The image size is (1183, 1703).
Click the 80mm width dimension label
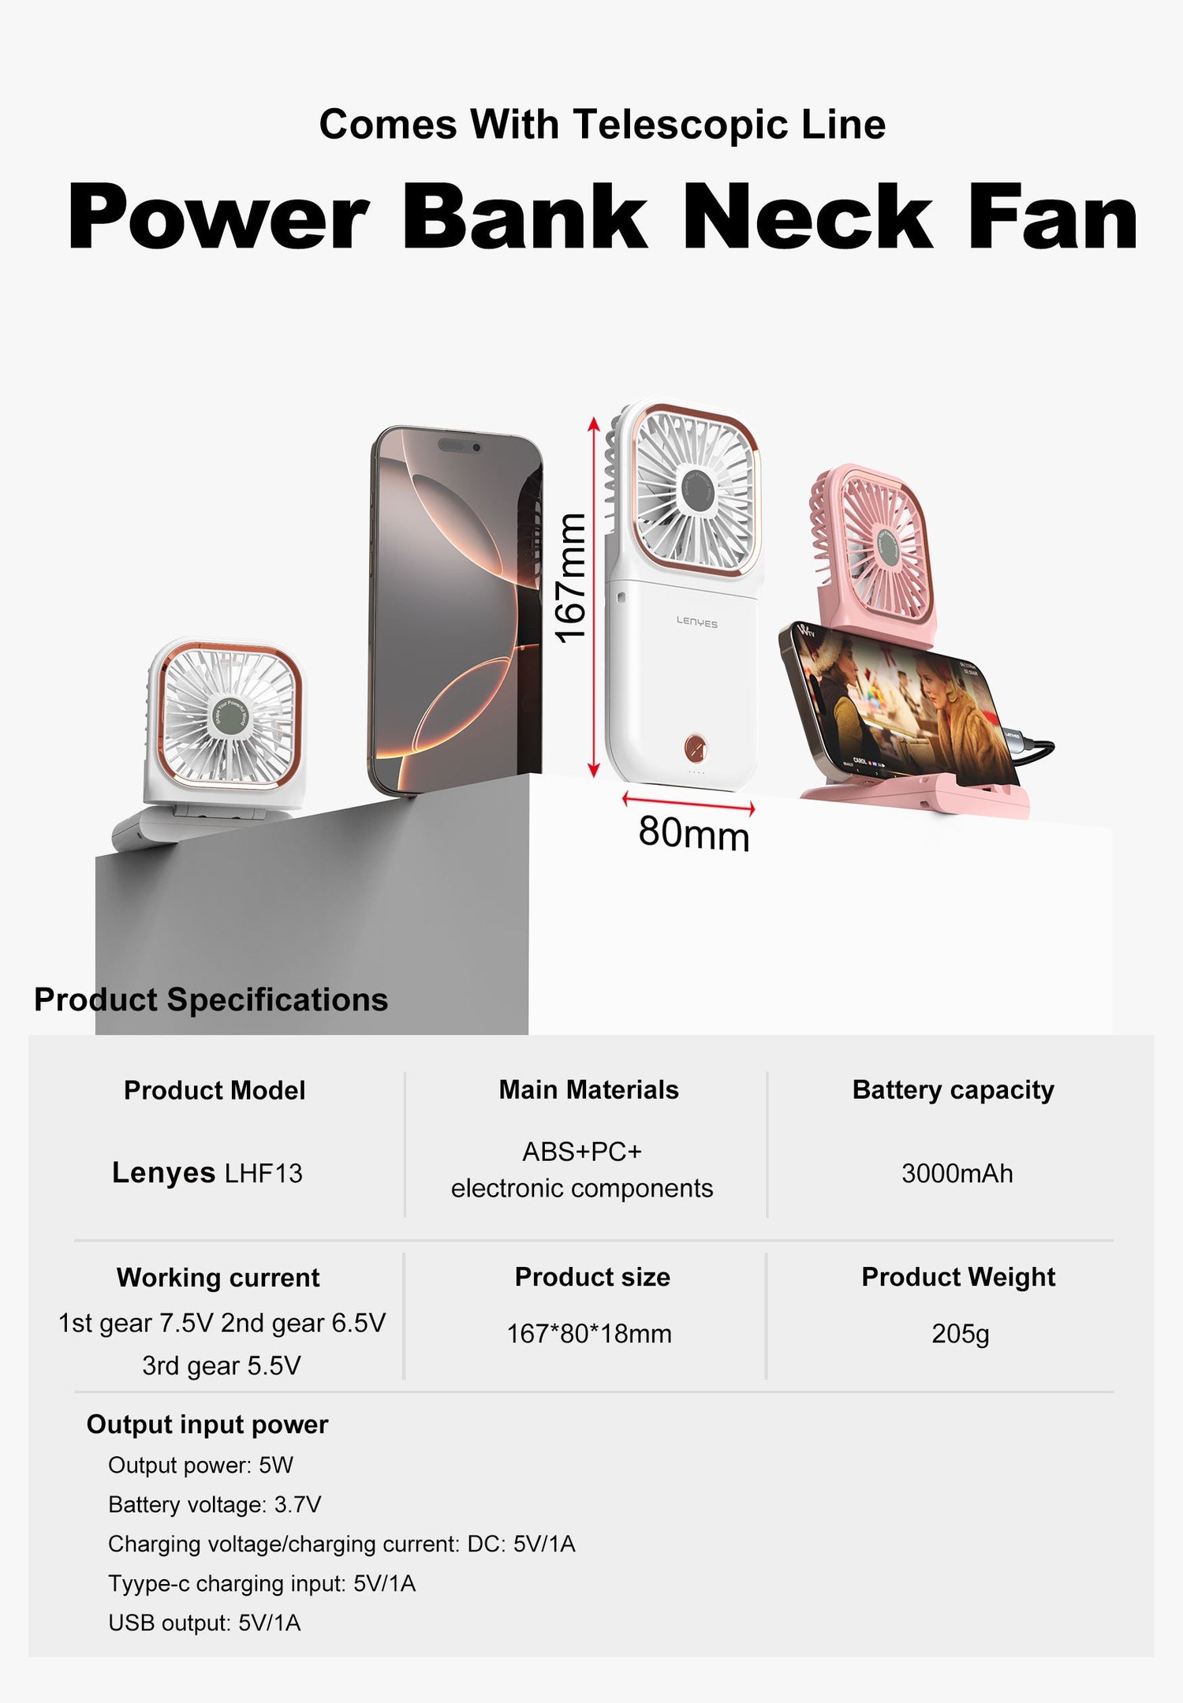tap(693, 833)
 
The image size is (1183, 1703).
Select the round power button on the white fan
tap(696, 745)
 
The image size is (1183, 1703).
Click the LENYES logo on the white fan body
tap(697, 622)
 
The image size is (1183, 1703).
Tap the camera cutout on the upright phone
tap(476, 448)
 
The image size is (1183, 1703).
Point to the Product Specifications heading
tap(211, 999)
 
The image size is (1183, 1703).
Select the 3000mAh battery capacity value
tap(957, 1174)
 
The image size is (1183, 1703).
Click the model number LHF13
tap(263, 1174)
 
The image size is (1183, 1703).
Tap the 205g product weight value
tap(960, 1334)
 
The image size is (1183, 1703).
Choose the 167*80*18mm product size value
tap(589, 1334)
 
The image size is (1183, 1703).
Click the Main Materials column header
tap(588, 1090)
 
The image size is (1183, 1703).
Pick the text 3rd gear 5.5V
tap(222, 1365)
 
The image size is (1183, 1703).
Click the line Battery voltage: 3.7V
tap(215, 1505)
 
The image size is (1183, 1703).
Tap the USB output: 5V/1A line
tap(204, 1623)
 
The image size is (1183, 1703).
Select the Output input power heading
tap(207, 1425)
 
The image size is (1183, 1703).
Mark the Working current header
tap(218, 1278)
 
